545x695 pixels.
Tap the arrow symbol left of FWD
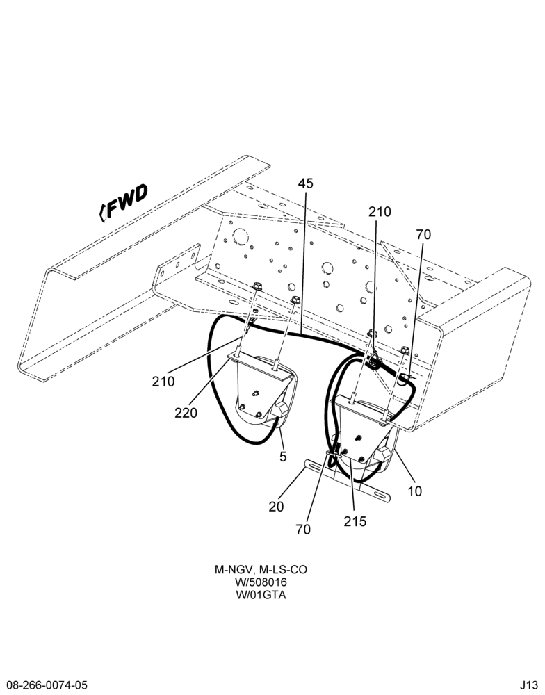102,213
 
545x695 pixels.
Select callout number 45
305,183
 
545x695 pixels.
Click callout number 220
186,413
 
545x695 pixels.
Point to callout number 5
283,456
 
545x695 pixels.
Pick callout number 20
276,506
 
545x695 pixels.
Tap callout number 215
355,521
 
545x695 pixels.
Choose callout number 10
414,491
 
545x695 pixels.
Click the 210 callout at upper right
380,212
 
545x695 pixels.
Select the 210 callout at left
163,381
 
